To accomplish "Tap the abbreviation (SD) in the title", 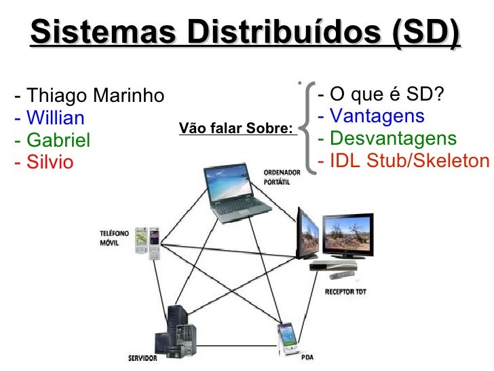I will click(x=425, y=32).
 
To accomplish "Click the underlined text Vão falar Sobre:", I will click(x=236, y=128).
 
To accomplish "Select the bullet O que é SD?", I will click(x=381, y=94).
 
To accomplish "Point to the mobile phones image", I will click(x=147, y=241).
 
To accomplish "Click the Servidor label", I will click(x=142, y=358).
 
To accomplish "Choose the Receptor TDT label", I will click(x=346, y=292).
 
